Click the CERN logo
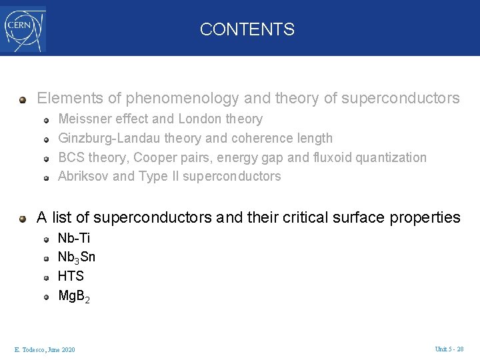point(23,29)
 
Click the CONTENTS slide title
point(247,29)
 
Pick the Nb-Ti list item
point(74,238)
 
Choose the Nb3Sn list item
point(77,257)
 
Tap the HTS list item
point(71,276)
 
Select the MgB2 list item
point(73,295)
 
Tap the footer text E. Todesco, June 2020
point(45,350)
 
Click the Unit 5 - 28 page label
point(449,349)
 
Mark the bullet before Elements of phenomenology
point(23,99)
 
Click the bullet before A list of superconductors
point(23,218)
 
